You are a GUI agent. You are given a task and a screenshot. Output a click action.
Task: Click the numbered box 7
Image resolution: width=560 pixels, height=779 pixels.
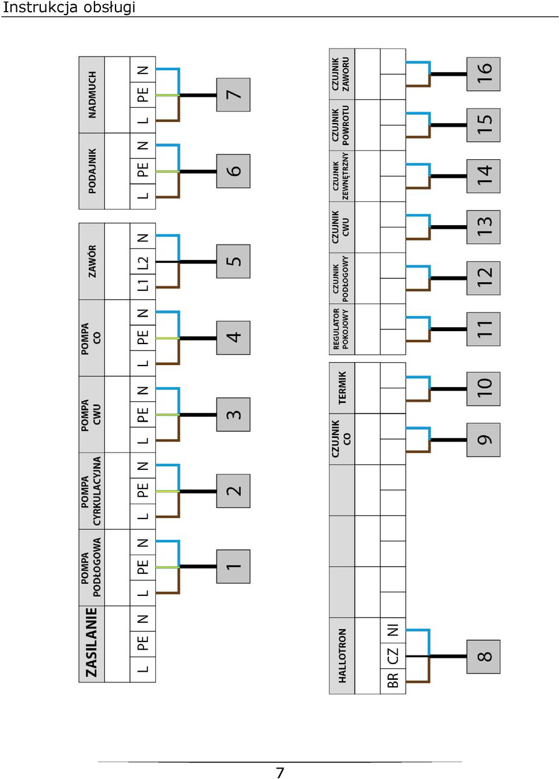(233, 94)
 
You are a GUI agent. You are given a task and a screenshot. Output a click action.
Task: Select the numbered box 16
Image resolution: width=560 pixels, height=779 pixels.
(483, 74)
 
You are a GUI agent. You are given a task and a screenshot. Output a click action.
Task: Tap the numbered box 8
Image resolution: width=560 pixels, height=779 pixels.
(483, 657)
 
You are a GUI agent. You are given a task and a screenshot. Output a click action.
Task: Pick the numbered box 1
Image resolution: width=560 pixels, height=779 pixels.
(233, 566)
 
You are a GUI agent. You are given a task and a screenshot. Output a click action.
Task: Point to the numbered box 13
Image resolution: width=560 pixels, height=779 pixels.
(483, 227)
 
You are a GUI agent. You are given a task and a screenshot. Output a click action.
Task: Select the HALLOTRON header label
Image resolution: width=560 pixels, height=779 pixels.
(342, 655)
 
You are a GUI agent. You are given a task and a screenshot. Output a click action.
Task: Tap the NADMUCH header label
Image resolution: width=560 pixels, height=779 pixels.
(92, 94)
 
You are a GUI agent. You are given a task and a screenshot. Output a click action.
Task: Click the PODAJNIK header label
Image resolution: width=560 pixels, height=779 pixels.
(92, 171)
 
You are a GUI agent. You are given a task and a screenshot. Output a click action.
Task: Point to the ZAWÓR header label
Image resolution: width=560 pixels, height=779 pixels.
(92, 261)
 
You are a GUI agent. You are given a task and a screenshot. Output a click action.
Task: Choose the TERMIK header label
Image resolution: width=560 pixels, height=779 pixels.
(342, 388)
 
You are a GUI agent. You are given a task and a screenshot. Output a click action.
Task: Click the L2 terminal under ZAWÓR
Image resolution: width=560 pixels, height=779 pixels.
(142, 262)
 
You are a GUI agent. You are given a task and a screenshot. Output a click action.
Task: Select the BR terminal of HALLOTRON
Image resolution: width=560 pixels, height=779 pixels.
(393, 680)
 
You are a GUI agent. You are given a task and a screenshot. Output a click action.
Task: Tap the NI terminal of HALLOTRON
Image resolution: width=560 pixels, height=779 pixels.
(393, 630)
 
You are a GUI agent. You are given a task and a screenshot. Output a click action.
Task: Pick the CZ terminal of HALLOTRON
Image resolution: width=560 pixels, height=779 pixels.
(393, 655)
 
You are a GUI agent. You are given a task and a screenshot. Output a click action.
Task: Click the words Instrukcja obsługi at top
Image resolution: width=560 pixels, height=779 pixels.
(68, 8)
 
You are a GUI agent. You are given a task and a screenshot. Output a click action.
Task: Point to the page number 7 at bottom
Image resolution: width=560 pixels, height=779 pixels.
(280, 773)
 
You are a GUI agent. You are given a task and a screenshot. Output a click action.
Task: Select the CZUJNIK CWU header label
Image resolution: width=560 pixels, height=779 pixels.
(341, 227)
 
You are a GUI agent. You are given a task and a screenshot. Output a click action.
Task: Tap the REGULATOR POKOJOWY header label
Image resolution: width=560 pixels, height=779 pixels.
(341, 329)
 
